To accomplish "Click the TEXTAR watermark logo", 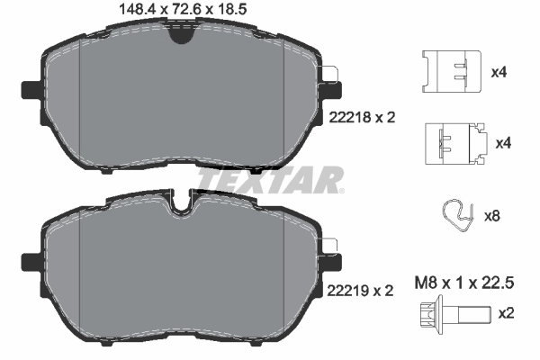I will pos(270,180).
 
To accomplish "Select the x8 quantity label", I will pos(492,216).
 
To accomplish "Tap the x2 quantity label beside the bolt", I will pos(507,313).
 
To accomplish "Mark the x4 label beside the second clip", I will pos(502,143).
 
